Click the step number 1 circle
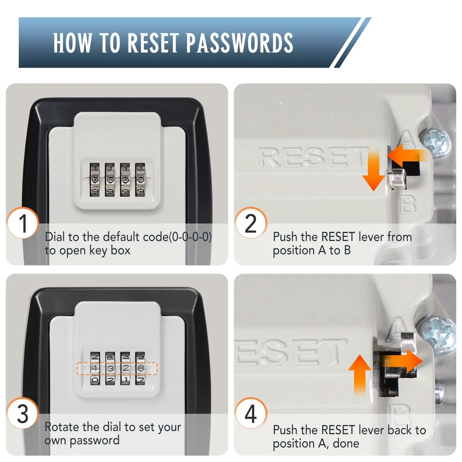(23, 223)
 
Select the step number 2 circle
(251, 223)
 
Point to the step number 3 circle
(23, 413)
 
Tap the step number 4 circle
(251, 413)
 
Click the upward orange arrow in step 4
(359, 374)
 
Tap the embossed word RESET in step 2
(312, 157)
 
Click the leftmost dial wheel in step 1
(95, 180)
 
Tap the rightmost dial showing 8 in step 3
(140, 368)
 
